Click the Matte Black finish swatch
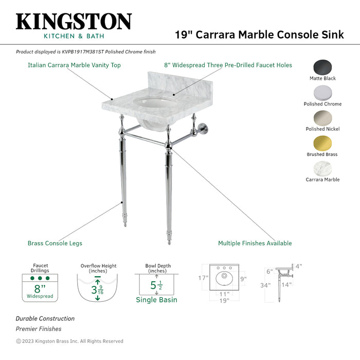[322, 67]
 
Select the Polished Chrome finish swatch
[322, 93]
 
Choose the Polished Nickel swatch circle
[322, 118]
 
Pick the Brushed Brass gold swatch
[322, 143]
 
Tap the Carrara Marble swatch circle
[322, 169]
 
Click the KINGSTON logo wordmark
[74, 22]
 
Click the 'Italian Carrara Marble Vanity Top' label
[74, 65]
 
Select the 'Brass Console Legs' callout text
[55, 243]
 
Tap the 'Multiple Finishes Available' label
[255, 243]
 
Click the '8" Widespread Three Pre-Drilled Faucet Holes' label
[228, 65]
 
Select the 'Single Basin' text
[156, 300]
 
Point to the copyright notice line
[69, 341]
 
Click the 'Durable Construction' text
[45, 319]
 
